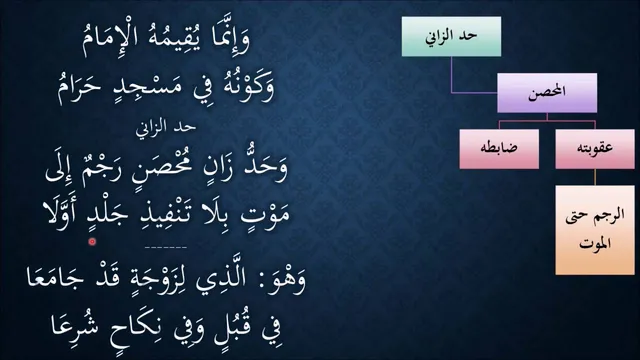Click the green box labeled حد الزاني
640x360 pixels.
pos(451,36)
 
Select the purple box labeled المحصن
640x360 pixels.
pos(547,93)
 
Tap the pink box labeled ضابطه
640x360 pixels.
pos(499,149)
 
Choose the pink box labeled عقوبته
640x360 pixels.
pos(595,149)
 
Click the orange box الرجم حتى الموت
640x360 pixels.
pos(595,230)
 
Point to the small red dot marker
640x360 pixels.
pos(92,242)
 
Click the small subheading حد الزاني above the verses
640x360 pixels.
pos(166,127)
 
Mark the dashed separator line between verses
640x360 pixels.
pos(166,247)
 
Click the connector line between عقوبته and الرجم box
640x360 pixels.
pos(595,177)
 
